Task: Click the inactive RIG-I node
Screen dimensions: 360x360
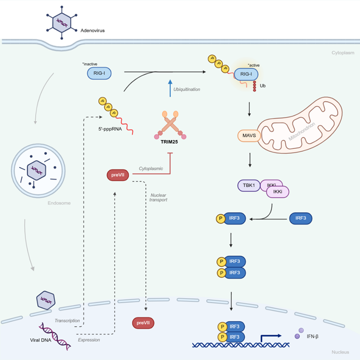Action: pos(99,73)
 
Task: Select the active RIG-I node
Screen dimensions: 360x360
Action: pos(246,74)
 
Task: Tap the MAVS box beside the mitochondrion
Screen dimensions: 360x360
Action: pos(249,135)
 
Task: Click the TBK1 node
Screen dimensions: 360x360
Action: pos(249,185)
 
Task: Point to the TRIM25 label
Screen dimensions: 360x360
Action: pos(169,142)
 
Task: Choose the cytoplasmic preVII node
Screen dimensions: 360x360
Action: pos(118,175)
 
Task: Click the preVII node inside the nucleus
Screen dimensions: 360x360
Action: pos(143,323)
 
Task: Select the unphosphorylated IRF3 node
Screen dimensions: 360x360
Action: pos(301,218)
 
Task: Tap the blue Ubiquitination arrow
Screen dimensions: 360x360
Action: pos(170,88)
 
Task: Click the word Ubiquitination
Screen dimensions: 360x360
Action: pos(186,90)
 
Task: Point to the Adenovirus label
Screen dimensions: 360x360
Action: pos(92,31)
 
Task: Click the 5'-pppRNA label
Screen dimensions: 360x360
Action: pos(110,129)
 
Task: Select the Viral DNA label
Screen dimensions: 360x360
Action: pos(41,340)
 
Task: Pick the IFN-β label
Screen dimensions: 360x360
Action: pos(313,336)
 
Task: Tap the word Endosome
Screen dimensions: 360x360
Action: pos(59,203)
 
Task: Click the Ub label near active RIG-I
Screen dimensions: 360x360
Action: pos(263,86)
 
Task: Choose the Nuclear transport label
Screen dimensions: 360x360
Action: pos(158,197)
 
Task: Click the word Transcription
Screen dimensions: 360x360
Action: pos(67,320)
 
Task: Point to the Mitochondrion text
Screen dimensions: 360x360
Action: pos(302,132)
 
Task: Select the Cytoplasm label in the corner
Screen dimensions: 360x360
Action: pos(343,53)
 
